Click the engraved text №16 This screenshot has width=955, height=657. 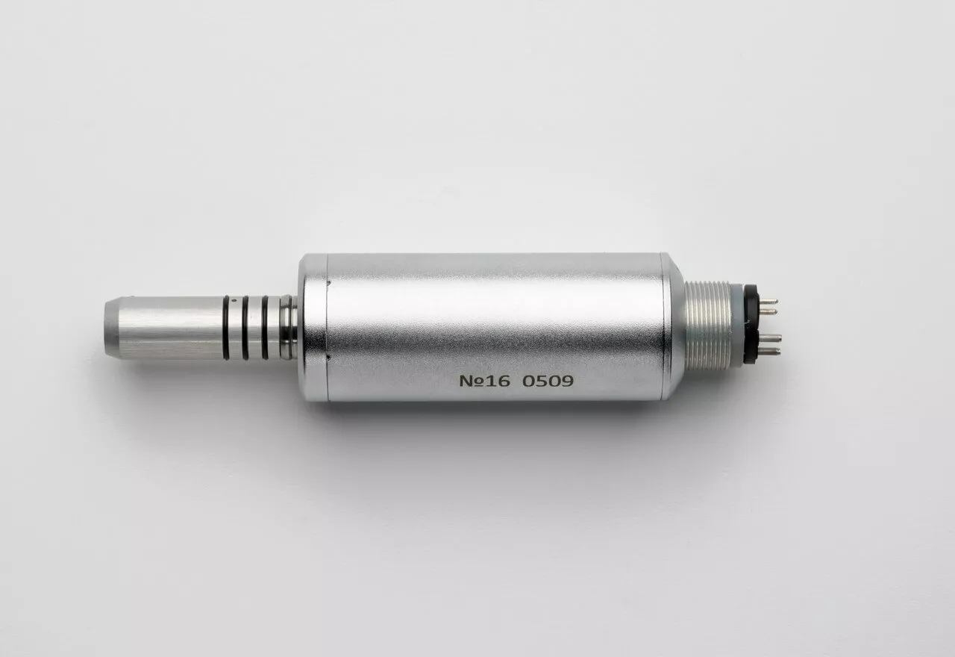pyautogui.click(x=484, y=381)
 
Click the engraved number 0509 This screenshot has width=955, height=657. pyautogui.click(x=548, y=381)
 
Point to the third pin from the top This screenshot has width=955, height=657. pyautogui.click(x=768, y=339)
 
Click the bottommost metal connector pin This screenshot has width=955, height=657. pyautogui.click(x=768, y=352)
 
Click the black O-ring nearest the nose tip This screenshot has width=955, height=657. pyautogui.click(x=226, y=327)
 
